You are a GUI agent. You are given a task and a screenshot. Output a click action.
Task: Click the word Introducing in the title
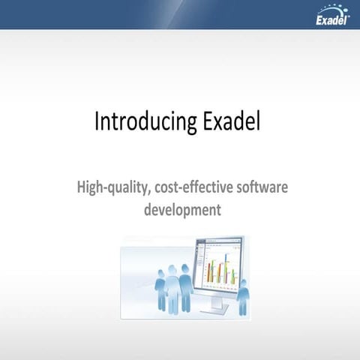click(136, 122)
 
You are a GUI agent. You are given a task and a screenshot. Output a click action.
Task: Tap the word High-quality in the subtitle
click(112, 185)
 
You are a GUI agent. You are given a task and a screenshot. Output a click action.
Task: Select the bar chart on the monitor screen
click(221, 272)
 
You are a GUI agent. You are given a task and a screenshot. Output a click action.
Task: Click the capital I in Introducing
click(97, 121)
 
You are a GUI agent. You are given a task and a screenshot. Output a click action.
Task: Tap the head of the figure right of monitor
click(242, 283)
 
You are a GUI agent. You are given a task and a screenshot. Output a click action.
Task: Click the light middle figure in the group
click(172, 289)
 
